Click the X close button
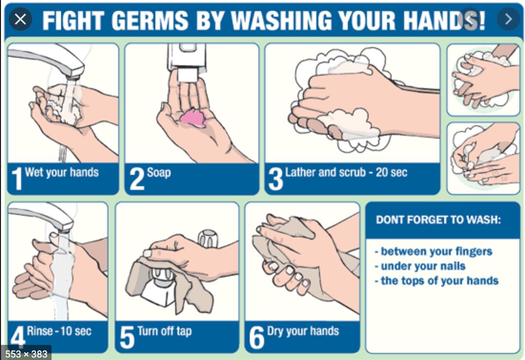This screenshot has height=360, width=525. coord(20,19)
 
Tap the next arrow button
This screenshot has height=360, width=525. coord(508,19)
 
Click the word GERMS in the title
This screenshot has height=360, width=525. coord(150,21)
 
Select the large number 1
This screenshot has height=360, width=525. coord(17,179)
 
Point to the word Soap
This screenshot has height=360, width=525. coord(158,172)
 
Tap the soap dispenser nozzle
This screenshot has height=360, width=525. coord(187,74)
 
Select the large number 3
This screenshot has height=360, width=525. coord(276,179)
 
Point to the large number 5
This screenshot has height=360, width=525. coord(127,337)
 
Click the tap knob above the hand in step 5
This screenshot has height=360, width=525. coord(208,238)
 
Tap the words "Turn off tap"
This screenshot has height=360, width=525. coord(164,331)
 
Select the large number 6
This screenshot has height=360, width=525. coord(257,337)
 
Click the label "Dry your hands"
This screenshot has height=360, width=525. coord(303,331)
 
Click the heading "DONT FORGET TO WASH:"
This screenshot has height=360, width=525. coord(438,220)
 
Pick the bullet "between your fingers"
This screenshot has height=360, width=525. coord(434,252)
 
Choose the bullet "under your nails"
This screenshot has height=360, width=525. coord(420,266)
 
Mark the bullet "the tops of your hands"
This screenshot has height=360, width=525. coord(437,281)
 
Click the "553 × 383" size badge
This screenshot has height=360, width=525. coord(26,354)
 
